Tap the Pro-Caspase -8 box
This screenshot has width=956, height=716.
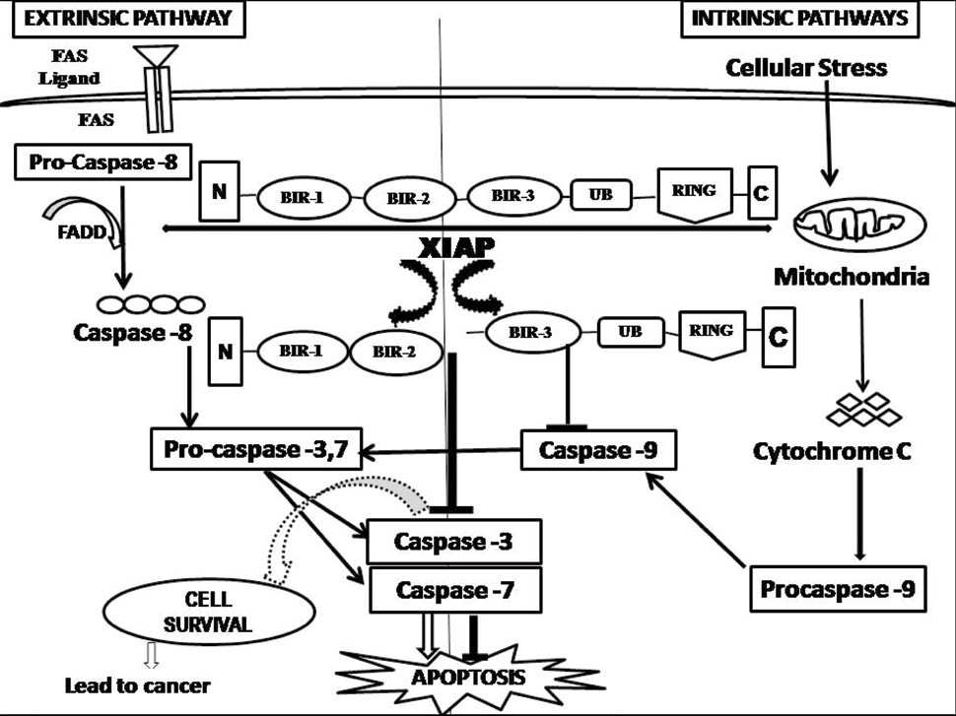click(97, 162)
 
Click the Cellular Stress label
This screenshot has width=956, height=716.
click(806, 68)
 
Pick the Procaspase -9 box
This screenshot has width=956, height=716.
click(839, 589)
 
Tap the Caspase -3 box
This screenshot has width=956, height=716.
click(453, 541)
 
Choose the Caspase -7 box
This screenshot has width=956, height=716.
click(453, 590)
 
